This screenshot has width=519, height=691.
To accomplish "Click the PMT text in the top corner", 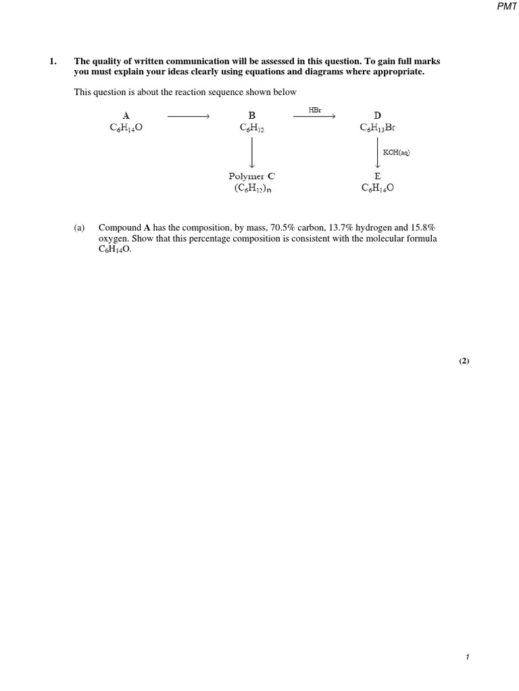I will click(x=507, y=6).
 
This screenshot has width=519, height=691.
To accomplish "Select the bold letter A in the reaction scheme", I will click(x=126, y=115).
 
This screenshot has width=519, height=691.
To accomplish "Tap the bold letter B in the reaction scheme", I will click(x=251, y=115).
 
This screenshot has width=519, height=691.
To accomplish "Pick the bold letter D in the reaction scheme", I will click(x=377, y=115).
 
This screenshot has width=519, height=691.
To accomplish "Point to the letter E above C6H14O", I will click(x=377, y=176).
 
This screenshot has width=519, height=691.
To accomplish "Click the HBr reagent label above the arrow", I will click(x=315, y=109).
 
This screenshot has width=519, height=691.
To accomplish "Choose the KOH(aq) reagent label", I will click(x=397, y=153).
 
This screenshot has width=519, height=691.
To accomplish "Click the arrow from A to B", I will click(x=189, y=117).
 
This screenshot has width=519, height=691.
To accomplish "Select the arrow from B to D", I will click(x=314, y=117).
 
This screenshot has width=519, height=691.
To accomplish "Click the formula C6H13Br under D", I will click(x=377, y=127).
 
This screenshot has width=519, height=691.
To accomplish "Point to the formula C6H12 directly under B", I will click(x=251, y=127).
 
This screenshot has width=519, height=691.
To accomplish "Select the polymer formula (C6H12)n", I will click(x=253, y=188).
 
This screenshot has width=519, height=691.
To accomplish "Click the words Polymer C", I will click(x=251, y=176).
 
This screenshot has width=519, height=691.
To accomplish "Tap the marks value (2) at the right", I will click(x=464, y=361).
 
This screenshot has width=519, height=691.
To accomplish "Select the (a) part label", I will click(x=79, y=228).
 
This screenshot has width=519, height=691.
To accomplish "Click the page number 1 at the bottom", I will click(x=467, y=657).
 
